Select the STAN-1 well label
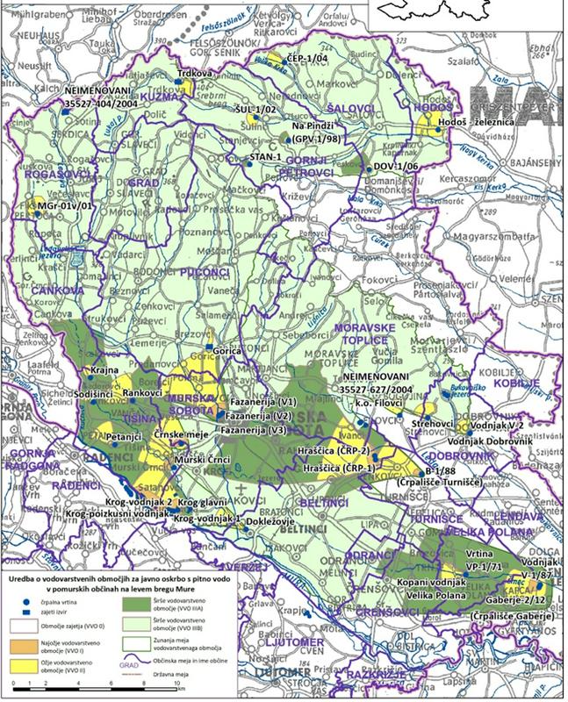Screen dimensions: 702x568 coord(267,155)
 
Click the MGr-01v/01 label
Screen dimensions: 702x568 coord(66,205)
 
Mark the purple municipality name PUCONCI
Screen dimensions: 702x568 coord(203,275)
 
